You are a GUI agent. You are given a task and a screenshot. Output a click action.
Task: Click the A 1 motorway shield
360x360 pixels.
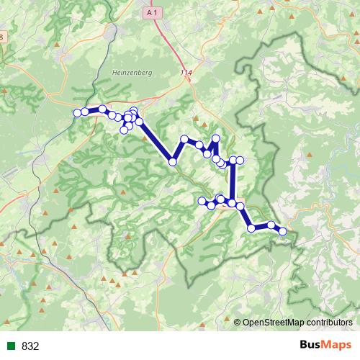151,13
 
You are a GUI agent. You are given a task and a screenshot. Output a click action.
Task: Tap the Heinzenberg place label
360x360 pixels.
130,72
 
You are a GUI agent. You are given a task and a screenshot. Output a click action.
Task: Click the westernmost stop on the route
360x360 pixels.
78,112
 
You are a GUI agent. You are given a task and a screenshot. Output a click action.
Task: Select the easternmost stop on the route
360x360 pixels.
283,231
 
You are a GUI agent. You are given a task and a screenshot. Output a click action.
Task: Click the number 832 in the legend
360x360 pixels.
30,346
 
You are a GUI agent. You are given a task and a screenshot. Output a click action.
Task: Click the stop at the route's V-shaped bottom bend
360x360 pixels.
173,162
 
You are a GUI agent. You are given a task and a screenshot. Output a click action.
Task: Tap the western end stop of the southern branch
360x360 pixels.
202,200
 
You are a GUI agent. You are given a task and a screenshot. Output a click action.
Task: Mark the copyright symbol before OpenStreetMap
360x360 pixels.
238,323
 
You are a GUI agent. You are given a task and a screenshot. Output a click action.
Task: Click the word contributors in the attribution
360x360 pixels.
330,323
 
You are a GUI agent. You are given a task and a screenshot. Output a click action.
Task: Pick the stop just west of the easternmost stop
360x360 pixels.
271,225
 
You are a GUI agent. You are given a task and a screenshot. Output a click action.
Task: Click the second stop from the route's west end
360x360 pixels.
85,111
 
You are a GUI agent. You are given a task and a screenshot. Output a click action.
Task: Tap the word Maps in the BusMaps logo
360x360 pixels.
335,346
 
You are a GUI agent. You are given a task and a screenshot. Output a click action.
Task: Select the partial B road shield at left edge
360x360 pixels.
2,37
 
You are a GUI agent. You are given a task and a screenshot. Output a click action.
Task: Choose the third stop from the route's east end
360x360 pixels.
251,228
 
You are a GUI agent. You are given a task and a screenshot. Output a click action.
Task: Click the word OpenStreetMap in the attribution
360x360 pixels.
274,323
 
